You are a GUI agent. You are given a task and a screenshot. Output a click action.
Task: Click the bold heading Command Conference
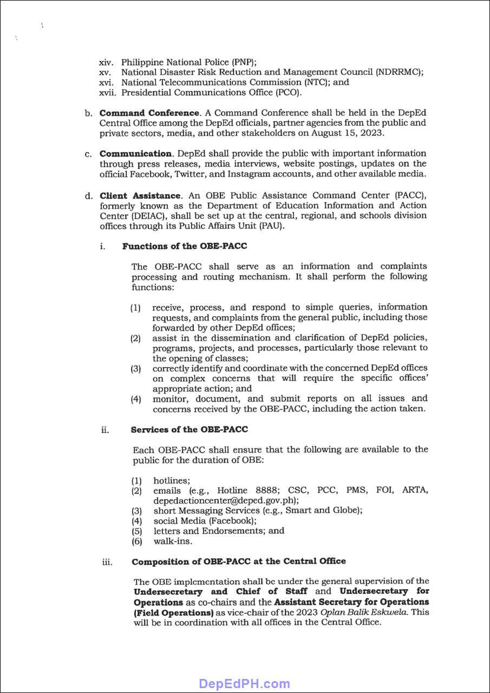149,113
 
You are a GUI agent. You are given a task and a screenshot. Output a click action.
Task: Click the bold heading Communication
135,154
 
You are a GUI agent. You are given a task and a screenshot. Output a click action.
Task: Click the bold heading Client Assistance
140,195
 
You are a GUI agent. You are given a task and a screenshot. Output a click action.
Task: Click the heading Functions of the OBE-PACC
185,246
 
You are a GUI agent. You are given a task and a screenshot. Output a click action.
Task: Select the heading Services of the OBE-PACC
190,430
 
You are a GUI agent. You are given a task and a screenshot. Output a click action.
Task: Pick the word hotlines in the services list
171,481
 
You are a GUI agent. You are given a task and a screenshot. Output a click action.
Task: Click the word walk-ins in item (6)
173,541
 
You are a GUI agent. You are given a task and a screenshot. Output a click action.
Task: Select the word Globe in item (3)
344,511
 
